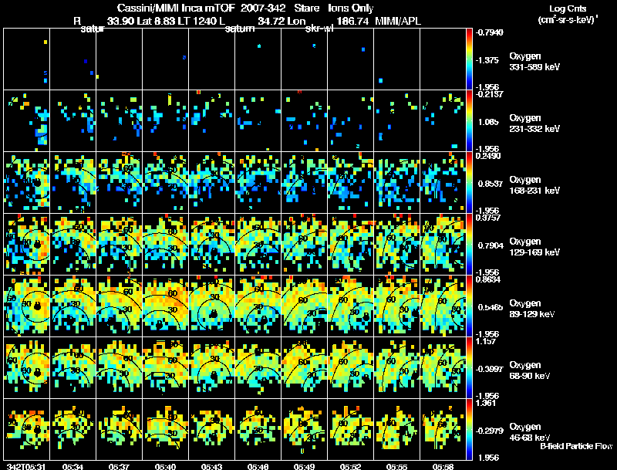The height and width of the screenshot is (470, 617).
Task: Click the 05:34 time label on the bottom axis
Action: click(x=73, y=466)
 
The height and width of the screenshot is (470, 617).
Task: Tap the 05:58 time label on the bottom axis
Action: click(x=443, y=466)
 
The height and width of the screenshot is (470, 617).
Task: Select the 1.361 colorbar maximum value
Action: click(x=486, y=403)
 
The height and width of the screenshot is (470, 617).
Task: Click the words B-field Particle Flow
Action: click(x=577, y=446)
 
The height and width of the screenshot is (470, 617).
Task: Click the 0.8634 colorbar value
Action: click(x=488, y=279)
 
